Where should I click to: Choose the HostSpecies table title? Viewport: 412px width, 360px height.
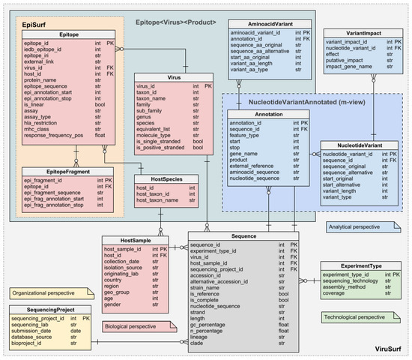pos(168,178)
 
